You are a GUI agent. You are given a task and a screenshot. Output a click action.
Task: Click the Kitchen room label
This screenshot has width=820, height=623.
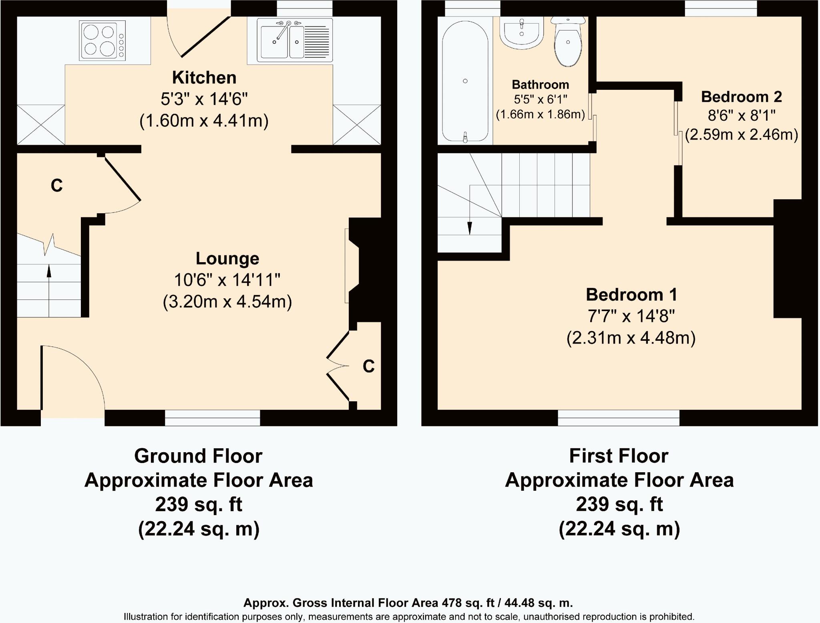(204, 77)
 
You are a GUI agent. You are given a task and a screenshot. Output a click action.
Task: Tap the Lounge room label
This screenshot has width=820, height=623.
(227, 259)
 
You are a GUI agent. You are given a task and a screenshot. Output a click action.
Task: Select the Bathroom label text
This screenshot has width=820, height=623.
(541, 85)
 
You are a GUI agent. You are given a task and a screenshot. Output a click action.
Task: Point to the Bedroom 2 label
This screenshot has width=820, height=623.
(742, 97)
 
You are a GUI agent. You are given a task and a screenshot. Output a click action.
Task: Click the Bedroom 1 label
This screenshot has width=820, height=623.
(631, 295)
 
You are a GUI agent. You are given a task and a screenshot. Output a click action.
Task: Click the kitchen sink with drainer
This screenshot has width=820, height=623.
(295, 40)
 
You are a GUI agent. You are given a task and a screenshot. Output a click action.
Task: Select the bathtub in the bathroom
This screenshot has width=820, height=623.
(465, 81)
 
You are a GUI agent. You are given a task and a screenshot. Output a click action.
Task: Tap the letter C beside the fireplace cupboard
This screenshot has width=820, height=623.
(368, 366)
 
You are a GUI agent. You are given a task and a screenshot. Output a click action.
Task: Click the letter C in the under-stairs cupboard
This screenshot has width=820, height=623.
(57, 186)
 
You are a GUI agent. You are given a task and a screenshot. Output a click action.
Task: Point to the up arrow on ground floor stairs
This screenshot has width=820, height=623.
(49, 290)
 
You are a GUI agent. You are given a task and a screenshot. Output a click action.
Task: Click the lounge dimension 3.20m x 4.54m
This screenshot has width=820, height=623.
(227, 301)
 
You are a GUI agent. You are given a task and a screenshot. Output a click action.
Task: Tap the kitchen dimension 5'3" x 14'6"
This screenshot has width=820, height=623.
(204, 99)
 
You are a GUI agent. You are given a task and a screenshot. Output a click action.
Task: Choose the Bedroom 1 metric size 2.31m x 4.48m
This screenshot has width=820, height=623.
(631, 338)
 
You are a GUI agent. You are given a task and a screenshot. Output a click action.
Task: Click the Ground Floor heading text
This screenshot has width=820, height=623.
(198, 456)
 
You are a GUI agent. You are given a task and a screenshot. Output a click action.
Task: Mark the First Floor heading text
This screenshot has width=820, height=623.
(619, 456)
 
